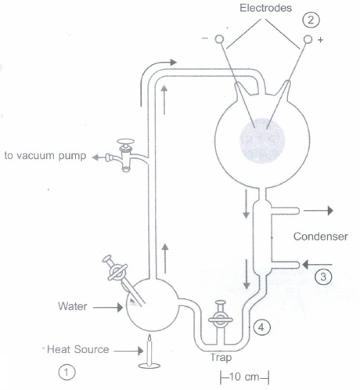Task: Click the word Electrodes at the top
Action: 265,8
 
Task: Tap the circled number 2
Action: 311,20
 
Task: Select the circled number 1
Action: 67,372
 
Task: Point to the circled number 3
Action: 323,276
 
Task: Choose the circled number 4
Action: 261,327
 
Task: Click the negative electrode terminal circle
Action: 219,39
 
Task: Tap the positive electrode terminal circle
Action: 308,39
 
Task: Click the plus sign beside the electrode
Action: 320,40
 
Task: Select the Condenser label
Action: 320,237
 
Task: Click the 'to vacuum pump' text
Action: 45,156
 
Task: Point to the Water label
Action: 73,306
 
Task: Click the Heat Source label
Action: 77,349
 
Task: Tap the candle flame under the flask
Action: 149,338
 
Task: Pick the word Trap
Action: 221,357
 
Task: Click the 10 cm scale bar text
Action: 244,377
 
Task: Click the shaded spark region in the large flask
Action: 262,141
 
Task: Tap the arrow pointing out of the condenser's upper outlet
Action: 319,211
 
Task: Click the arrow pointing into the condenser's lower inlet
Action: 317,265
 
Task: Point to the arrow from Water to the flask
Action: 108,308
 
